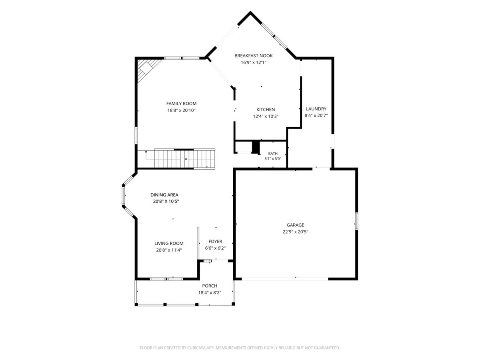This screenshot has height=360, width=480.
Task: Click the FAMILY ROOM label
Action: click(x=181, y=104)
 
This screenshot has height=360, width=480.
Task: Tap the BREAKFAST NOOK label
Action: click(x=254, y=56)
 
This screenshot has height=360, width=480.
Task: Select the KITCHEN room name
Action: click(x=266, y=110)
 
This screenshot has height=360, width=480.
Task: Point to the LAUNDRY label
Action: click(x=316, y=109)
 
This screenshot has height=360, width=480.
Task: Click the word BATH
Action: click(x=273, y=154)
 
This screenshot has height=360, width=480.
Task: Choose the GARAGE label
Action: click(x=295, y=225)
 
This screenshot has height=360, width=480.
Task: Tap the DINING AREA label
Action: click(x=164, y=195)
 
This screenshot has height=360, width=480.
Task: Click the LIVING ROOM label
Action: click(x=169, y=243)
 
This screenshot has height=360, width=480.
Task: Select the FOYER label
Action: click(x=215, y=241)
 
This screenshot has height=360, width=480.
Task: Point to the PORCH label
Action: click(x=210, y=286)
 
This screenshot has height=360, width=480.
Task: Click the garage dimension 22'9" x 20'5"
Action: click(x=295, y=232)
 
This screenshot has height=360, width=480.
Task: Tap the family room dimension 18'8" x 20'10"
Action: click(x=181, y=110)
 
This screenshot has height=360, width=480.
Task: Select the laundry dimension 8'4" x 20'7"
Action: click(x=316, y=116)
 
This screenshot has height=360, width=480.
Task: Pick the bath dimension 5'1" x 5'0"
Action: click(x=273, y=159)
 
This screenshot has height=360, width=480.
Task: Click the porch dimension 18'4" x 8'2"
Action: click(x=210, y=292)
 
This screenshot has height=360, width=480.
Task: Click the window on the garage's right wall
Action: click(x=356, y=221)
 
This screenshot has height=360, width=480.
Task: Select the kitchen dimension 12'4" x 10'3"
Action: click(x=266, y=116)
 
